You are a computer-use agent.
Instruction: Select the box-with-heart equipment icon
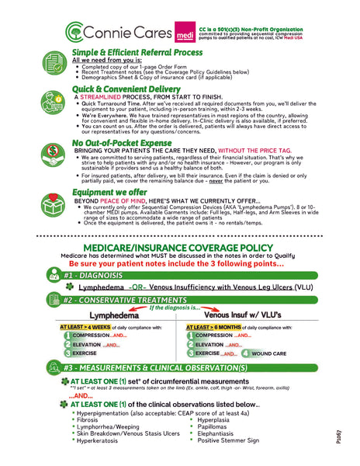point(55,199)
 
